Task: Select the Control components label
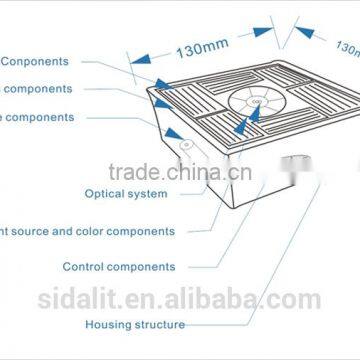119,267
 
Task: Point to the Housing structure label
134,324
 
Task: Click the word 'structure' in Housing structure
159,324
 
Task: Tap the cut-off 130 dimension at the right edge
347,46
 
